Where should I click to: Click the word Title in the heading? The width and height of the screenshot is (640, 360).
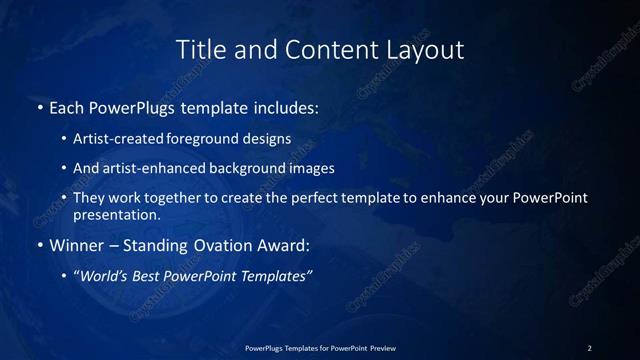[198, 49]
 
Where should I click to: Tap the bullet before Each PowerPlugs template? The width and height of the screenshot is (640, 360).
[39, 107]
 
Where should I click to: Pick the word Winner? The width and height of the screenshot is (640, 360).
[77, 245]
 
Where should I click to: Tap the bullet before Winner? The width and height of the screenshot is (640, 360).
[39, 245]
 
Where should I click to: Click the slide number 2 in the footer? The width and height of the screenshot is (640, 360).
[590, 348]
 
